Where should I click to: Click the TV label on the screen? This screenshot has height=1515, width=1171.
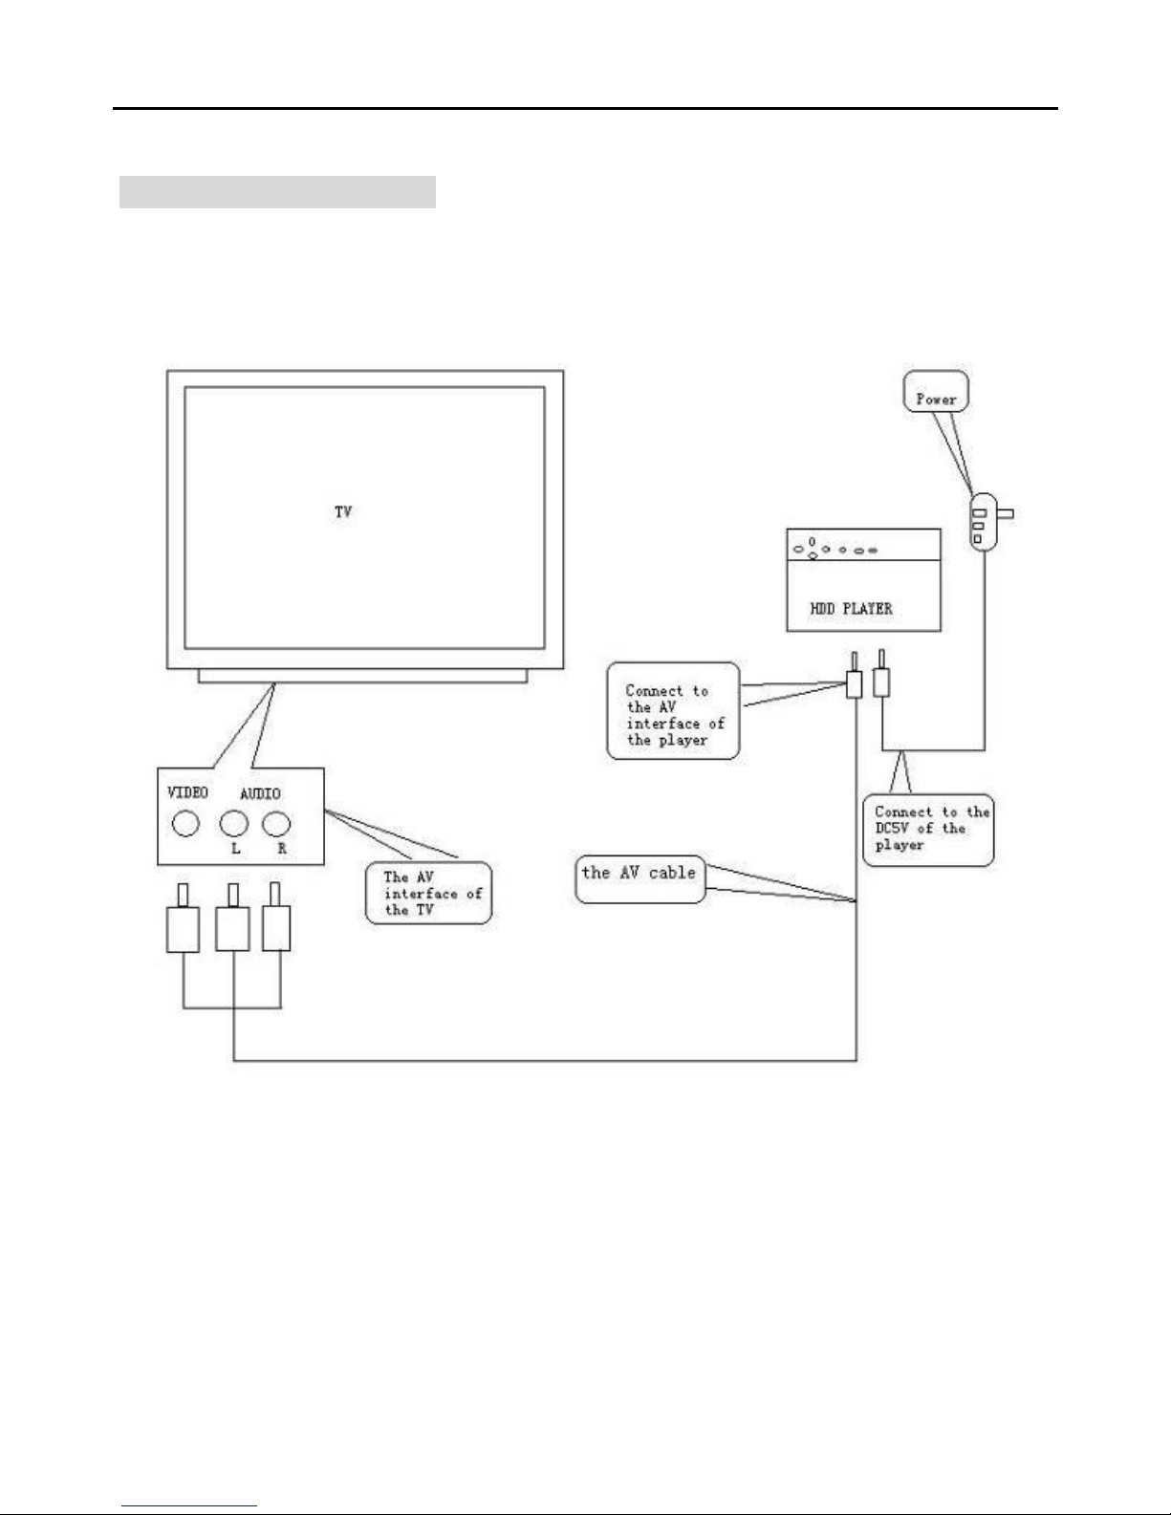(x=343, y=512)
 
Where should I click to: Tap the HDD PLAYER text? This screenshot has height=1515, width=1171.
(x=851, y=608)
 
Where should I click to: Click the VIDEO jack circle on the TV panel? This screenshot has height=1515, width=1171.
(x=185, y=823)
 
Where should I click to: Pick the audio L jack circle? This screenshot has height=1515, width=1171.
(x=234, y=823)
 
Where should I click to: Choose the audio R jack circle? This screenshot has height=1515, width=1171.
(x=276, y=823)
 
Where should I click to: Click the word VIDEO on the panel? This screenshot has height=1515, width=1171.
(x=188, y=793)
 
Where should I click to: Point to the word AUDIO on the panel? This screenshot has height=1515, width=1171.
(x=260, y=794)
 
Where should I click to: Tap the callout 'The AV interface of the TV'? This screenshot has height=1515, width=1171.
(x=429, y=894)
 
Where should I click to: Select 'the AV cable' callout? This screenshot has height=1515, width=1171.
(x=640, y=878)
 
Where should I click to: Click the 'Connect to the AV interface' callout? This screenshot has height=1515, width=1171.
(x=673, y=711)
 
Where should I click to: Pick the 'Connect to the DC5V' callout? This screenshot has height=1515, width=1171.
(x=928, y=830)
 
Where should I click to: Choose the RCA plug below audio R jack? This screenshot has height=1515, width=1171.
(x=276, y=926)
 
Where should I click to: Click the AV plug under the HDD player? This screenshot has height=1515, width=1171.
(x=855, y=682)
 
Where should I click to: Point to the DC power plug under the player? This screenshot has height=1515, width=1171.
(x=883, y=680)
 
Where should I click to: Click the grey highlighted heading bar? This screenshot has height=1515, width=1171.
(x=277, y=192)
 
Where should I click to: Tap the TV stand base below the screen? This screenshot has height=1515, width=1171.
(x=362, y=676)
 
